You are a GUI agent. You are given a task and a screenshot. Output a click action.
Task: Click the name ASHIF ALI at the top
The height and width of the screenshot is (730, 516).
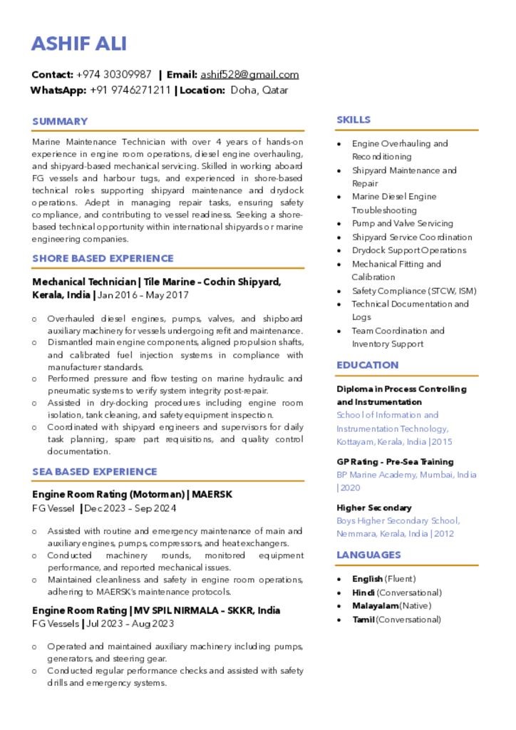79,43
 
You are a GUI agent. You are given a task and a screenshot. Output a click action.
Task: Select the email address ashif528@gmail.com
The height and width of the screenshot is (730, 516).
249,75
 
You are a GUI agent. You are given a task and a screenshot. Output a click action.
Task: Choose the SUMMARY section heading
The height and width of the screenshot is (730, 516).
60,121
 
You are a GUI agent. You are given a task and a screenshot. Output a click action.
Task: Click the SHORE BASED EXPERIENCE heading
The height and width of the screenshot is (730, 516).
103,258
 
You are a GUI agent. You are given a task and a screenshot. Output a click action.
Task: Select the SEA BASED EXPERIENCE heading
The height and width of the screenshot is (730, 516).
94,471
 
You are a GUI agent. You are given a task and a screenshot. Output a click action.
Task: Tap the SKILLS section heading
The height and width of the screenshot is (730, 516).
354,120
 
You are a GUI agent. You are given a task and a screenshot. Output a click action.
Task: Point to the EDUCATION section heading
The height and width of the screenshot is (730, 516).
367,365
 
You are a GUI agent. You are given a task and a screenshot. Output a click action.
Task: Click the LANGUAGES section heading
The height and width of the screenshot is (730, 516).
368,555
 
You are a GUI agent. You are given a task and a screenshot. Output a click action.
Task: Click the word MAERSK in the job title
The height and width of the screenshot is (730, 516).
212,494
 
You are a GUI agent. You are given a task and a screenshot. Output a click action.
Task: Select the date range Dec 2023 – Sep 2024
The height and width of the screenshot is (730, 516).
130,508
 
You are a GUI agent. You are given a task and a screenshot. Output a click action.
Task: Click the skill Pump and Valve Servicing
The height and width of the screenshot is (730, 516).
402,223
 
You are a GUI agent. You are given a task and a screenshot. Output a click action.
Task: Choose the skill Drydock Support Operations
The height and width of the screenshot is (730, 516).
409,250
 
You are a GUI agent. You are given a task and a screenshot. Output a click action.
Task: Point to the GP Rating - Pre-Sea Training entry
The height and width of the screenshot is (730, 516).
395,462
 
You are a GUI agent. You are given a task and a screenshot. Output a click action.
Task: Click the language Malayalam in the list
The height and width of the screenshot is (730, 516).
375,606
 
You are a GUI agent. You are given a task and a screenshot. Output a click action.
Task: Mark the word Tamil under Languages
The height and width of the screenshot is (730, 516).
363,620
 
